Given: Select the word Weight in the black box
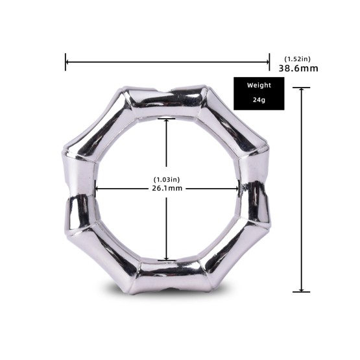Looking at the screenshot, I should pos(259,85).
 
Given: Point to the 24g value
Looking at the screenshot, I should pos(259,101).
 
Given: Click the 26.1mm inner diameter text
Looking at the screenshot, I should pos(167,189).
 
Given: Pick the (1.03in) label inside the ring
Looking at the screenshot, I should pos(167,178).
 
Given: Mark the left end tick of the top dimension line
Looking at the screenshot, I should pos(66,62).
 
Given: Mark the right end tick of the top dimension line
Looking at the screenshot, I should pos(269,62).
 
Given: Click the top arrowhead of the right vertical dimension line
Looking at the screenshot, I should pos(301,90).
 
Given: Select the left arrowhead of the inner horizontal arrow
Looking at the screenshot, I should pos(97,189).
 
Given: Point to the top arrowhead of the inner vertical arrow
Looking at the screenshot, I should pos(167,121).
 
